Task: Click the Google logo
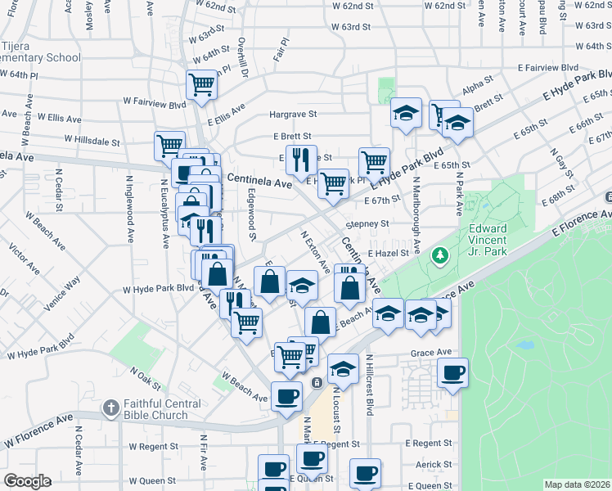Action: (26, 481)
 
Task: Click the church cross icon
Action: (111, 407)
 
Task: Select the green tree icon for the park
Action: (441, 256)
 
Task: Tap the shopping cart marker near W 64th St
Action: (201, 83)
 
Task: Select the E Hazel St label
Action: (388, 255)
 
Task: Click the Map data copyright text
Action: (577, 484)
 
